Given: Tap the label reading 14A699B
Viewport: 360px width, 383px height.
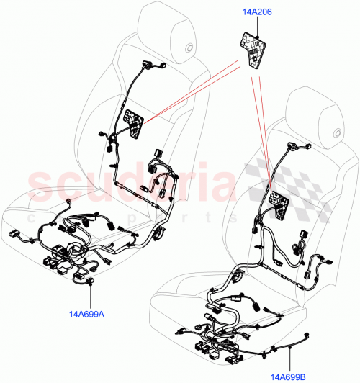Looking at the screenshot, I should coord(289,375).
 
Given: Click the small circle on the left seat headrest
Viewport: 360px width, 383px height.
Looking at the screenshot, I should coord(189,49).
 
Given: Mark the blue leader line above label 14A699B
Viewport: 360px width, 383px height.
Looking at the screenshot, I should coord(288,356).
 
